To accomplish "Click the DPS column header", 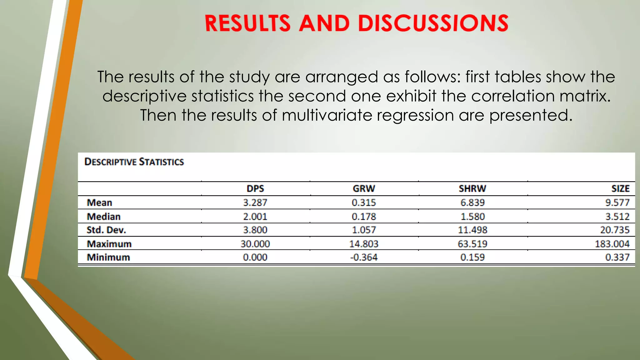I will [255, 188].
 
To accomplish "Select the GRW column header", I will [364, 188].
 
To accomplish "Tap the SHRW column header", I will [472, 188].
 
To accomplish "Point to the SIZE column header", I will [620, 188].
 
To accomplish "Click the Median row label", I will [103, 216].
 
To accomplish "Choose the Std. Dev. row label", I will [106, 230].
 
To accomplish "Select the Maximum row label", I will [109, 244].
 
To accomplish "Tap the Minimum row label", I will [108, 257].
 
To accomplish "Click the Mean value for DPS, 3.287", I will [255, 202].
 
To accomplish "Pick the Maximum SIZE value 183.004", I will [612, 244].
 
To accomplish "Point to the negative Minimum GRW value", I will [364, 257].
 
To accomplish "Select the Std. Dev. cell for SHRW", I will [472, 230].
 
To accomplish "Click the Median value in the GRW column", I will [364, 216].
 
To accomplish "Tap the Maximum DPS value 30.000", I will [255, 244].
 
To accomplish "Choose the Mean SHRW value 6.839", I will [472, 202].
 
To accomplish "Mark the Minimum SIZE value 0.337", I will [617, 257].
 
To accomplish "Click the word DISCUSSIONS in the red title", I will [433, 23].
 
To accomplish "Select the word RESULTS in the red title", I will [247, 23].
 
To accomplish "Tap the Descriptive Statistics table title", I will [134, 162].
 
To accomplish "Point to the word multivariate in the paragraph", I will [327, 115].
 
